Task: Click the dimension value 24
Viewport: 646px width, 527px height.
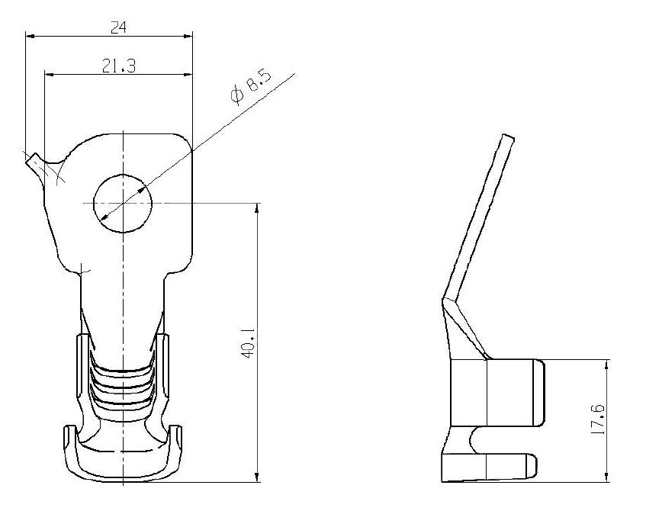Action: [x=119, y=27]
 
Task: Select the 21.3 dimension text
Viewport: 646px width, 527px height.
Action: [x=119, y=65]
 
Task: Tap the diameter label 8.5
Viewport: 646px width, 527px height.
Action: [x=258, y=83]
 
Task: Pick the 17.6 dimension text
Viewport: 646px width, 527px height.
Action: [x=597, y=419]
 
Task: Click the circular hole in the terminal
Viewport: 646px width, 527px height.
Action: [x=123, y=203]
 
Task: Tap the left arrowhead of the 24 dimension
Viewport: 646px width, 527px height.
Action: [x=30, y=37]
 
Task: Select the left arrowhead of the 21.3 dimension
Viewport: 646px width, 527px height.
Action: [x=50, y=75]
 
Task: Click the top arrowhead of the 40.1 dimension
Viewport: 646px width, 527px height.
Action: [x=258, y=208]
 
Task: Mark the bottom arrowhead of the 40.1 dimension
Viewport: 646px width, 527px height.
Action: [x=258, y=477]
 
